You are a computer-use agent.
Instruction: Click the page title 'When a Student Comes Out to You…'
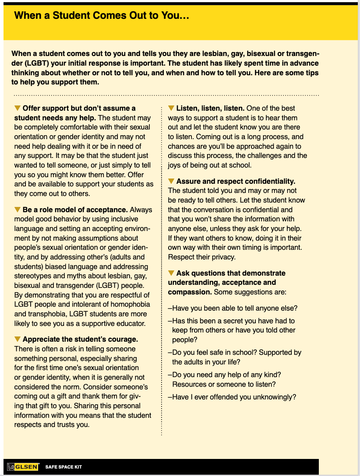coord(102,16)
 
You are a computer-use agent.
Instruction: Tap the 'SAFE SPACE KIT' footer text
coord(64,467)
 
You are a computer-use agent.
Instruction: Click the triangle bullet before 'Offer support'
coord(18,108)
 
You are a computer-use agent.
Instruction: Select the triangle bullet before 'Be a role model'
coord(18,210)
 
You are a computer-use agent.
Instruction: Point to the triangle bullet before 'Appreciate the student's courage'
coord(18,339)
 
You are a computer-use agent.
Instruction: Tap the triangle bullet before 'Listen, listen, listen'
coord(171,108)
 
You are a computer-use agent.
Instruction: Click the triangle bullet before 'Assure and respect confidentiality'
coord(171,181)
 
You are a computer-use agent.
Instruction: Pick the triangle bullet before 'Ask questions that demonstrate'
coord(171,273)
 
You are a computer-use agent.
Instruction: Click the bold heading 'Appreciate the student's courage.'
coord(80,339)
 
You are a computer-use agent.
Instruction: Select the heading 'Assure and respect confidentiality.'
coord(236,181)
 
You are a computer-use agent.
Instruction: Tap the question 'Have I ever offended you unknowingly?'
coord(234,397)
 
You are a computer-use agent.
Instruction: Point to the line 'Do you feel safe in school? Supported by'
coord(236,353)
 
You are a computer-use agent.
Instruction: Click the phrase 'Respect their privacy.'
coord(202,257)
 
